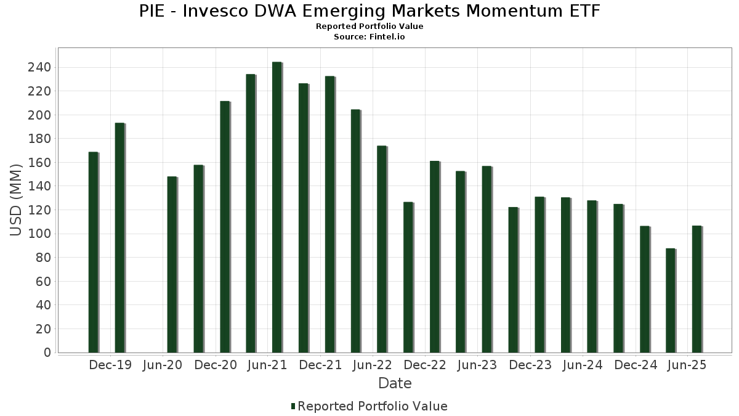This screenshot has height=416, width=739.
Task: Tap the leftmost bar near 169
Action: [x=93, y=252]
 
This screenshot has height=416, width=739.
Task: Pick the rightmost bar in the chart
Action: [x=697, y=289]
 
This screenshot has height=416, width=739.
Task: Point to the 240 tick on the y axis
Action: [x=39, y=67]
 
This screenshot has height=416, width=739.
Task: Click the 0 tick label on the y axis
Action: [x=47, y=353]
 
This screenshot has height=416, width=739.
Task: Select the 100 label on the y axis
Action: [x=39, y=234]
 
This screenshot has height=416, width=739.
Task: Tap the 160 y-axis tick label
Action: [x=39, y=163]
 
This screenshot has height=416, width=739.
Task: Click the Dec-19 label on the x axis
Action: [x=110, y=365]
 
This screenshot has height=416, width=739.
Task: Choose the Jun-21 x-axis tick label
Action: [x=268, y=365]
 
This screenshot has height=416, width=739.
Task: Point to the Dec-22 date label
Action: [x=425, y=365]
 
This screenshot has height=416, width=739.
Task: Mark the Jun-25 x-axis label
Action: [x=687, y=365]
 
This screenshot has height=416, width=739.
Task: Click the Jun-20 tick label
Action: [x=163, y=365]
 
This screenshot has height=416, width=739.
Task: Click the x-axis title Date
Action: [x=395, y=383]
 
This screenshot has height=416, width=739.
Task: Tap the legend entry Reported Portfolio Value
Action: [x=372, y=406]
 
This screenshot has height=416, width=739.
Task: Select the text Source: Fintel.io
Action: [x=369, y=37]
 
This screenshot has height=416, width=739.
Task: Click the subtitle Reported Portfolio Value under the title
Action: [x=369, y=27]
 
